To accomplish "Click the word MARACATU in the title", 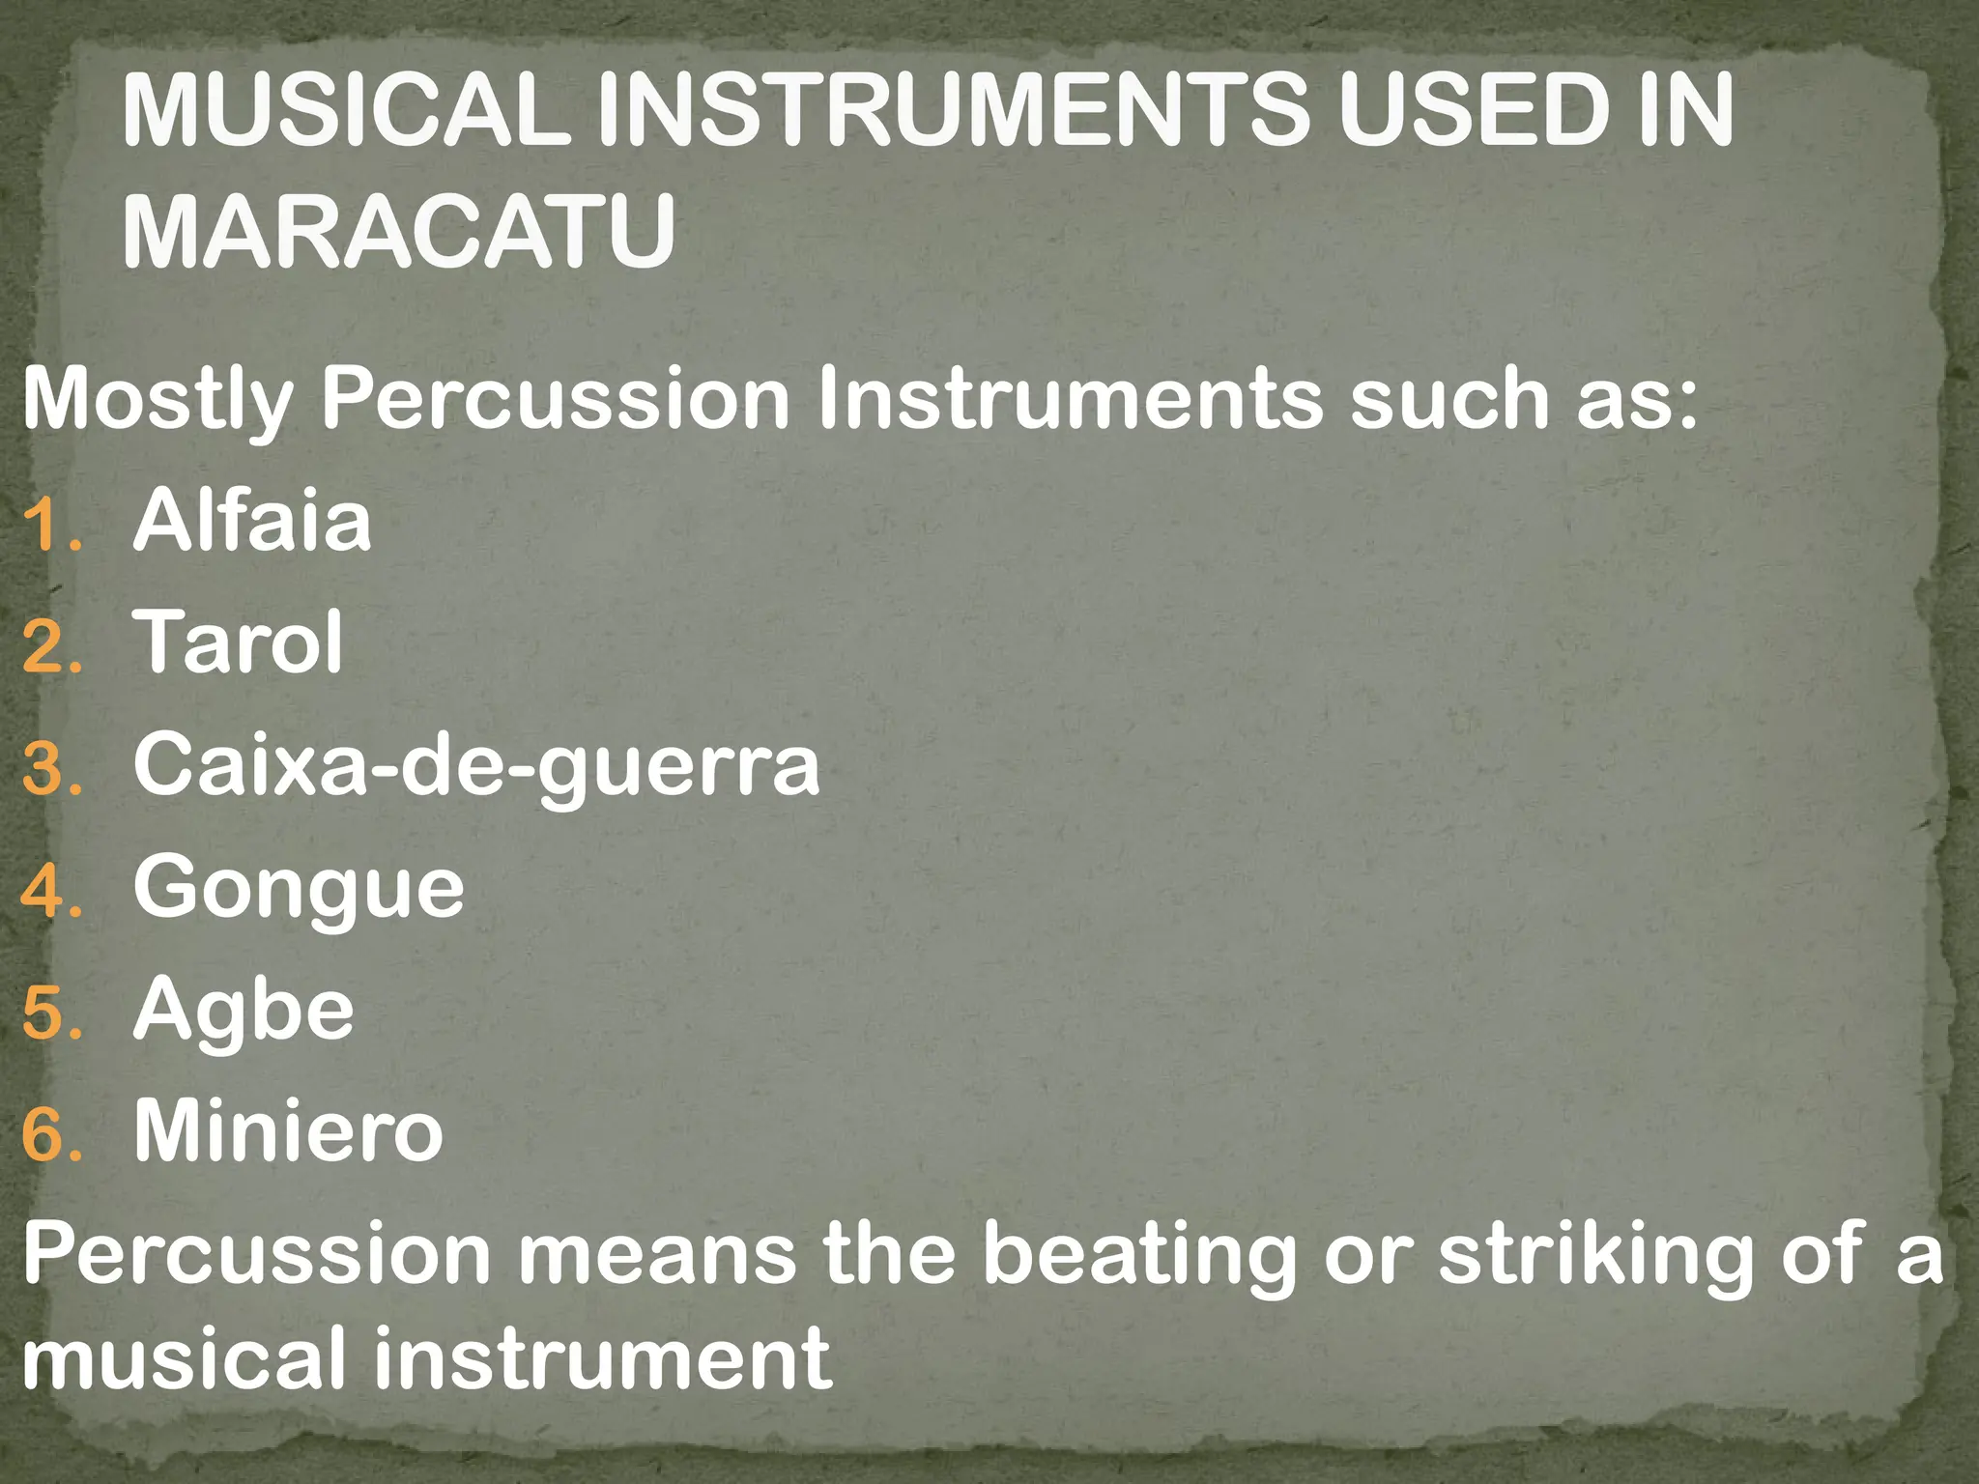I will [398, 233].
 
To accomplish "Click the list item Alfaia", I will [252, 522].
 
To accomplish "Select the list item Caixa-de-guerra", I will [476, 766].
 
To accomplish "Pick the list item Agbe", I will [244, 1011].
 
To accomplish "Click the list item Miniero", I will [288, 1131].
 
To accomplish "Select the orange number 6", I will [48, 1137].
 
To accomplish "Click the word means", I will [658, 1254].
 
